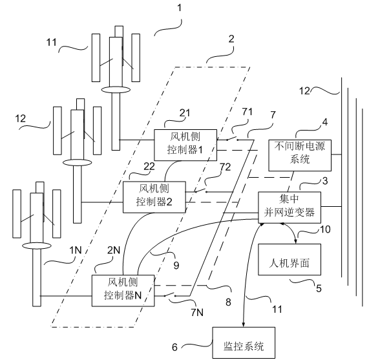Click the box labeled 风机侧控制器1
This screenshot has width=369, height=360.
click(x=185, y=145)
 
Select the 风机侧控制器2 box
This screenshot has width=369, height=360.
click(x=154, y=197)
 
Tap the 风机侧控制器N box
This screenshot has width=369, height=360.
click(x=123, y=291)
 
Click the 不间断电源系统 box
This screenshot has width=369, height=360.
click(x=300, y=155)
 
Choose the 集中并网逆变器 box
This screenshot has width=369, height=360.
click(x=290, y=207)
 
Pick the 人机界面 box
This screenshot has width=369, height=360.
click(x=290, y=259)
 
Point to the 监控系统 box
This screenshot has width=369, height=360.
click(x=244, y=343)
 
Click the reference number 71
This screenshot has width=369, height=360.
click(x=247, y=112)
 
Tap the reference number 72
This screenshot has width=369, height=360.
click(x=225, y=167)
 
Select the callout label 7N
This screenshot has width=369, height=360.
click(x=197, y=312)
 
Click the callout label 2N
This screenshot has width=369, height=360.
click(x=114, y=250)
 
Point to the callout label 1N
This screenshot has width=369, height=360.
click(x=76, y=250)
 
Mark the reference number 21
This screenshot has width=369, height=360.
click(x=185, y=113)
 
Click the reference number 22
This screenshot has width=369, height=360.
click(x=149, y=167)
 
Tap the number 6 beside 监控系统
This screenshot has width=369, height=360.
click(x=174, y=347)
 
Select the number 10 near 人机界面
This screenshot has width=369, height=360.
click(x=326, y=229)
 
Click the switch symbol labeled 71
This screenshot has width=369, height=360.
click(x=232, y=138)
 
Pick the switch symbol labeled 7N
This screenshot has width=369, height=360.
click(x=170, y=295)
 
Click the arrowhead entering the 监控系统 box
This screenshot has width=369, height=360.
click(x=244, y=324)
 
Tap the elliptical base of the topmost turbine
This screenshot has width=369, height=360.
click(x=116, y=90)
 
